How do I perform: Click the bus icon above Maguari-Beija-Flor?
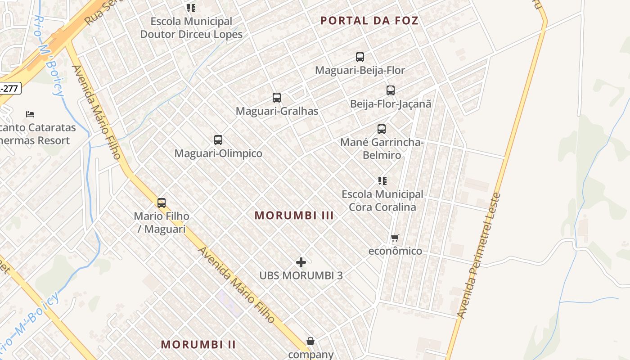(x=360, y=57)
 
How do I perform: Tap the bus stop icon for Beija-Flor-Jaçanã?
(x=391, y=90)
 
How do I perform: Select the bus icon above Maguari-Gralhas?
(x=277, y=98)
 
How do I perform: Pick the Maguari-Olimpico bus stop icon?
(x=218, y=140)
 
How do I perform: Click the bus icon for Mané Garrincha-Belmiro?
(x=382, y=129)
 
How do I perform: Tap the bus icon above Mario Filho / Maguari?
(x=162, y=203)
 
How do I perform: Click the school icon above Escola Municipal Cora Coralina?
(x=382, y=181)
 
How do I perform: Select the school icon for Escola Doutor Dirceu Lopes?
(x=191, y=8)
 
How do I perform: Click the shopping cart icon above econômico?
(x=395, y=238)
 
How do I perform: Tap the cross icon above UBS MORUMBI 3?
(x=301, y=262)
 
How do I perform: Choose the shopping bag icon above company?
(x=310, y=341)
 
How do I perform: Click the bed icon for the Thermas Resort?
(x=30, y=114)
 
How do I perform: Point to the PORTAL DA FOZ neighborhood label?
(x=369, y=21)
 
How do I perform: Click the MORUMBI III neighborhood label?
(x=294, y=216)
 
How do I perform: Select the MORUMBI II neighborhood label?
(x=198, y=345)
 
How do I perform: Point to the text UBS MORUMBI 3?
(x=301, y=275)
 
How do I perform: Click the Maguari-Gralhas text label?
(x=277, y=111)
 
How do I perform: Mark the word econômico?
(x=395, y=251)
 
